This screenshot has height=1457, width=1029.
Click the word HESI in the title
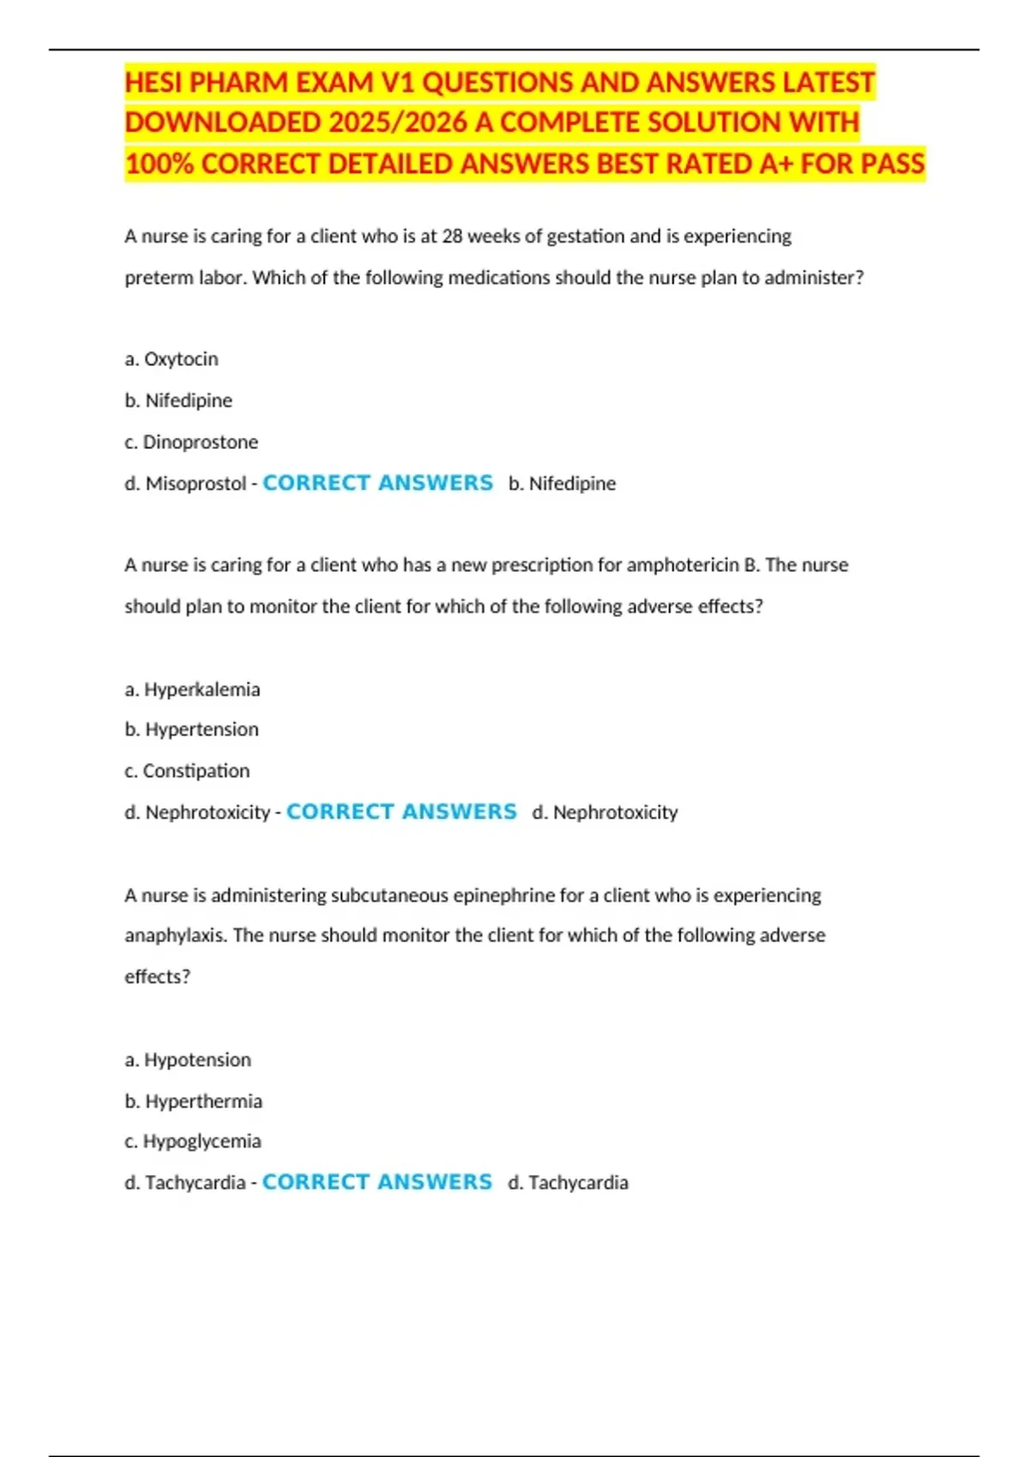(x=152, y=82)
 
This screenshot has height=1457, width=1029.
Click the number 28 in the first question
(x=452, y=236)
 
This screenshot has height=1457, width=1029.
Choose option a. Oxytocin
(x=171, y=359)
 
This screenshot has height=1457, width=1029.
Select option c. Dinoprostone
(x=191, y=442)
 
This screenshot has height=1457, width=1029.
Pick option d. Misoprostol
(x=185, y=483)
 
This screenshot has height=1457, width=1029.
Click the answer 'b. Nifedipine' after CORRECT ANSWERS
(x=562, y=483)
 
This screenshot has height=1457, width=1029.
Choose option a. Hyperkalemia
(x=192, y=689)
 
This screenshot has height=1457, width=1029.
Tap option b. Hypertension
(x=191, y=729)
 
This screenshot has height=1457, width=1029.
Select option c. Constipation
(x=187, y=770)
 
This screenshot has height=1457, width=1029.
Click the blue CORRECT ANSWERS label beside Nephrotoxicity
(x=401, y=812)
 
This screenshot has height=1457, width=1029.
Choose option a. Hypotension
(x=188, y=1059)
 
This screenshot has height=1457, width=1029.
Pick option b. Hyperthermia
(x=193, y=1100)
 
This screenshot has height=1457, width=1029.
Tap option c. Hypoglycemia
(x=193, y=1141)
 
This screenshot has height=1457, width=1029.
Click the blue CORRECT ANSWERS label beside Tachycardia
(x=377, y=1182)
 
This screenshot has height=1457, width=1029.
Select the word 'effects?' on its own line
(x=157, y=976)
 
